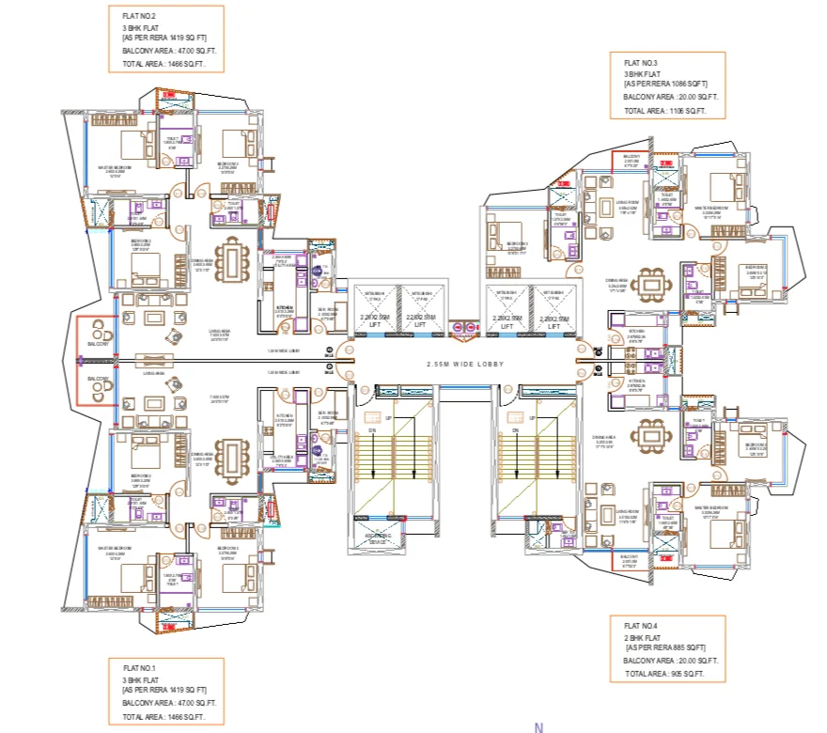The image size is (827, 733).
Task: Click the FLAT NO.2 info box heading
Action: [139, 16]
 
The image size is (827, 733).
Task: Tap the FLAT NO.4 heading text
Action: [642, 625]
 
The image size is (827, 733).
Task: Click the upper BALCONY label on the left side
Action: [98, 345]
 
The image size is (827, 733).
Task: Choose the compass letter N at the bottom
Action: [538, 726]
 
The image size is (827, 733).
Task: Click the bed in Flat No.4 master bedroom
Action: [720, 533]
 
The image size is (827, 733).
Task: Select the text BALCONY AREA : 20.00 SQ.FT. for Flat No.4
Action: [671, 661]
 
